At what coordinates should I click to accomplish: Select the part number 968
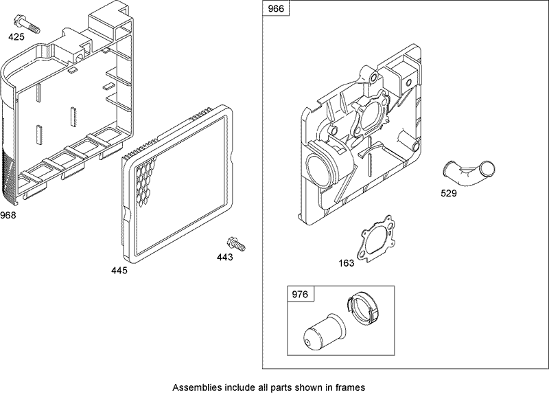8,215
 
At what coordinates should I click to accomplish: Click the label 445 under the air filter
119,270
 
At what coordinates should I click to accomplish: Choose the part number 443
224,258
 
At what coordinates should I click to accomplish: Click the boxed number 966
278,10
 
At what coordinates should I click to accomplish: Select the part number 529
448,193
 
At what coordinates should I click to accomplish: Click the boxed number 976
301,295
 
